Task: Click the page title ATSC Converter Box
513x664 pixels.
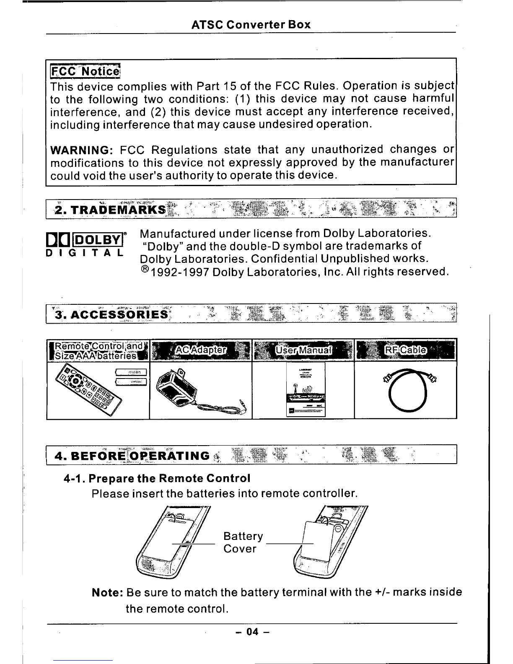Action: point(251,25)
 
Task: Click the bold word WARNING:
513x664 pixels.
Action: point(80,150)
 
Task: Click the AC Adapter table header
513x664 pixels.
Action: point(200,350)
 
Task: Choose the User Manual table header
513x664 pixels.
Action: point(303,350)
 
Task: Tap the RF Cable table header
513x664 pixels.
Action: point(405,350)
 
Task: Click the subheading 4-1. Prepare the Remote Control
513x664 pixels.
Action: point(157,479)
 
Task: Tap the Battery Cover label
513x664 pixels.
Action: point(243,542)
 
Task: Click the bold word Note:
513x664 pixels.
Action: point(107,592)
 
